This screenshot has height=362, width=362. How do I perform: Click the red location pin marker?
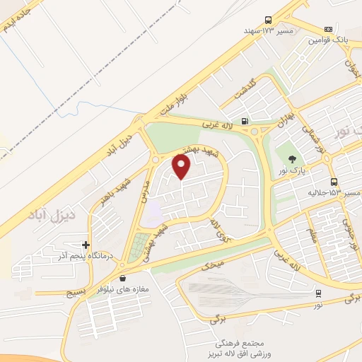click(x=182, y=167)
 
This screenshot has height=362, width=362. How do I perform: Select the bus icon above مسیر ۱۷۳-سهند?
click(x=268, y=21)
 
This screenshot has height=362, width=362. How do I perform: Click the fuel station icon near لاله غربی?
click(x=244, y=121)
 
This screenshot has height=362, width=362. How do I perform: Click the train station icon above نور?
click(x=318, y=293)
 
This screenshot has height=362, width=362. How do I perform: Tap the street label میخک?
click(x=213, y=265)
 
